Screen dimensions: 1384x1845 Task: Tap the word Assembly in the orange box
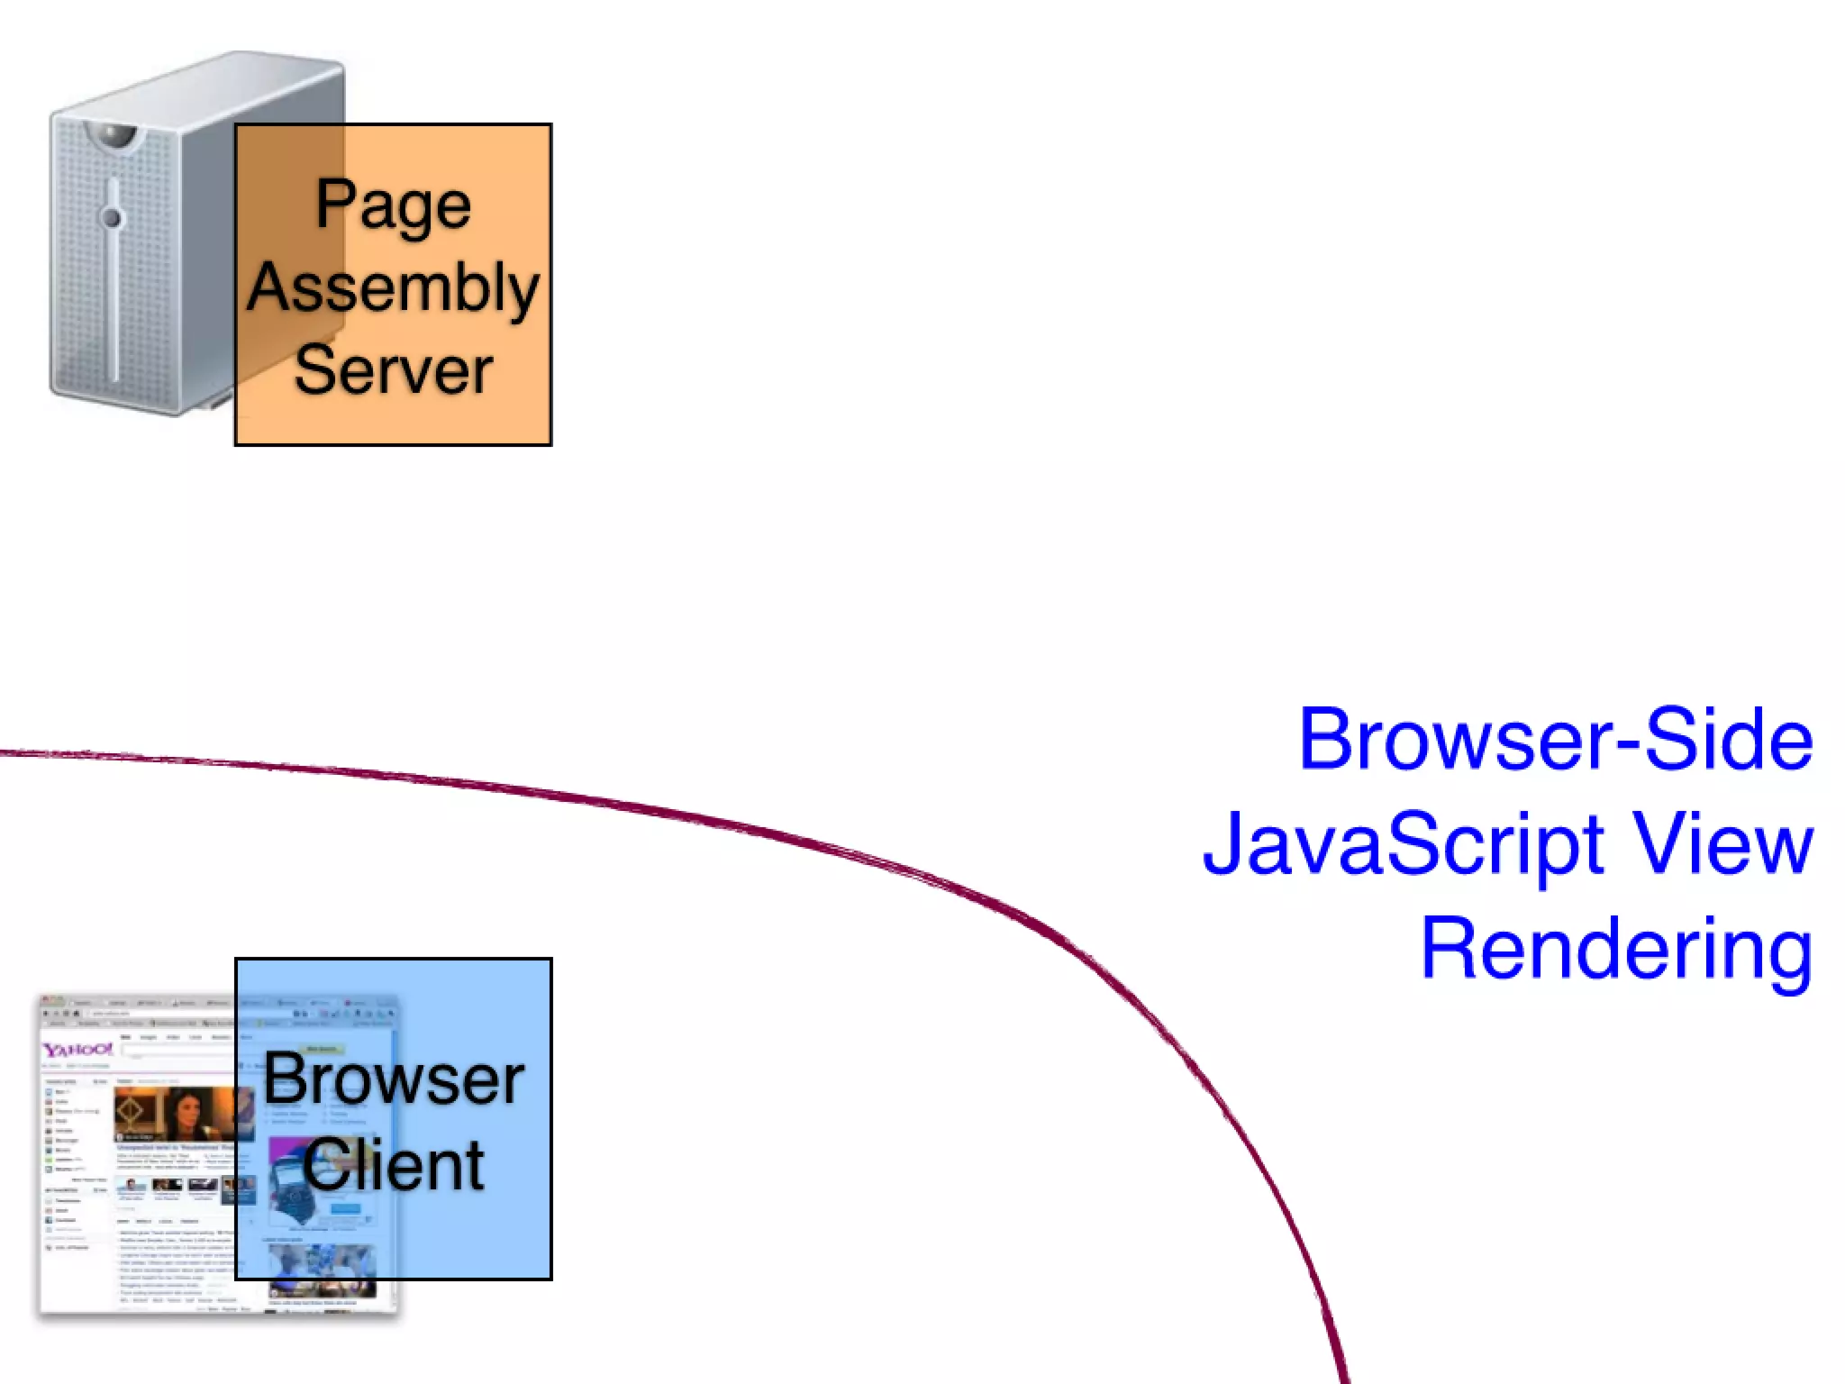tap(393, 288)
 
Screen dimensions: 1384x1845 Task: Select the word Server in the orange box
tap(393, 369)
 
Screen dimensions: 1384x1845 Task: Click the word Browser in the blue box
tap(394, 1079)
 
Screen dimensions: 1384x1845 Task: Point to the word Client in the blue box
tap(394, 1164)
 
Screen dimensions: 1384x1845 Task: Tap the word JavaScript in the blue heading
tap(1404, 843)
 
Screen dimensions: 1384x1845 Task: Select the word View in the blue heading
tap(1722, 843)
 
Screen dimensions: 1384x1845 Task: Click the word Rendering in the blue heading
tap(1616, 950)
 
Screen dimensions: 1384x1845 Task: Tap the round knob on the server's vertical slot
tap(112, 217)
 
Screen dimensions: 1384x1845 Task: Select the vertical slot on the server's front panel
tap(114, 288)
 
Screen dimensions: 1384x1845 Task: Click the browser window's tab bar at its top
tap(135, 1002)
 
